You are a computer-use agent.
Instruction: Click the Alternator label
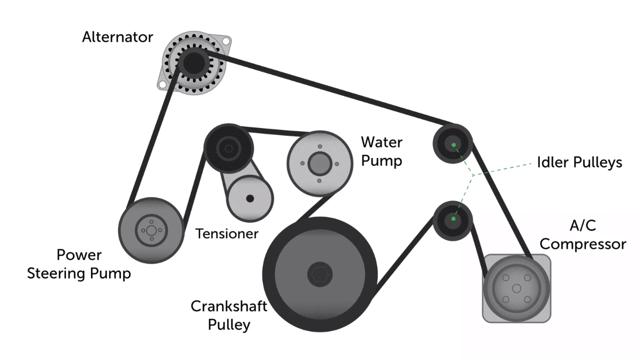pyautogui.click(x=117, y=37)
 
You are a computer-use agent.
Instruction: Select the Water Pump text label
pyautogui.click(x=382, y=151)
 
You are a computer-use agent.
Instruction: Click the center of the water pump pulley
pyautogui.click(x=319, y=163)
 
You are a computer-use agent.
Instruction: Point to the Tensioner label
pyautogui.click(x=227, y=233)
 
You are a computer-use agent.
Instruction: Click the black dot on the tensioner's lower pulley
pyautogui.click(x=250, y=198)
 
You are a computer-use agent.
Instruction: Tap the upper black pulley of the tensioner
pyautogui.click(x=229, y=148)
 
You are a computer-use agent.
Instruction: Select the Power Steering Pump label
pyautogui.click(x=79, y=264)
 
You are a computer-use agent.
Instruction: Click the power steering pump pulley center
pyautogui.click(x=151, y=230)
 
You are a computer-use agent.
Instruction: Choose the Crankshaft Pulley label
pyautogui.click(x=228, y=315)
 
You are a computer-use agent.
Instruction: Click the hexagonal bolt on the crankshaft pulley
pyautogui.click(x=319, y=274)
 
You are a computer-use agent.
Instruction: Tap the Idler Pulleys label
pyautogui.click(x=579, y=162)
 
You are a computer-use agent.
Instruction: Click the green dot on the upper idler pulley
pyautogui.click(x=453, y=145)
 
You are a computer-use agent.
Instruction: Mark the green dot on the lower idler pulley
pyautogui.click(x=453, y=219)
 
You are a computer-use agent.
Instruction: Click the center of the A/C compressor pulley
pyautogui.click(x=516, y=288)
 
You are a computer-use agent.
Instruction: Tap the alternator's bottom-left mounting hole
pyautogui.click(x=161, y=85)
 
